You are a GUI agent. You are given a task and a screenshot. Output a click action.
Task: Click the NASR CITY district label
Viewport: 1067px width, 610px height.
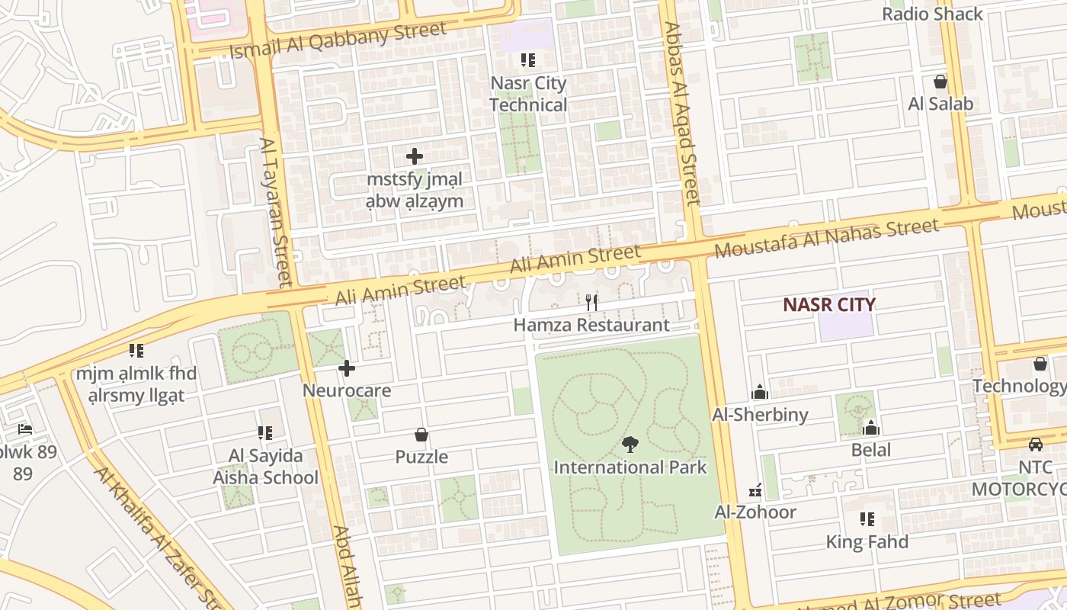tap(829, 305)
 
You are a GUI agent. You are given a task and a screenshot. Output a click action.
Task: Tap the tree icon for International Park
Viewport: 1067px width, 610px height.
tap(630, 444)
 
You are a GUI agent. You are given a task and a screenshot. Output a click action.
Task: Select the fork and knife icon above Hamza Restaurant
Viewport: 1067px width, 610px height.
tap(591, 302)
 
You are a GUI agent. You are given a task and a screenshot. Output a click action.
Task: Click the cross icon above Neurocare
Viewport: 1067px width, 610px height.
tap(347, 369)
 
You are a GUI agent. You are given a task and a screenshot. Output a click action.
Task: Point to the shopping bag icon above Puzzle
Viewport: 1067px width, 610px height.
tap(421, 435)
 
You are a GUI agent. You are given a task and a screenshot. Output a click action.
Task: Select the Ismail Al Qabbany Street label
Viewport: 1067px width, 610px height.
tap(338, 40)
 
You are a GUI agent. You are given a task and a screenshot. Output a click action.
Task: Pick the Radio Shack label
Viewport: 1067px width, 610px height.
tap(932, 14)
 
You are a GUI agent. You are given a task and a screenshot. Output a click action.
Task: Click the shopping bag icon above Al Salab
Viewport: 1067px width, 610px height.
tap(940, 82)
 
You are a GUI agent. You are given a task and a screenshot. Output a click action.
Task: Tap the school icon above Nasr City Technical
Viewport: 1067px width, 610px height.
tap(527, 59)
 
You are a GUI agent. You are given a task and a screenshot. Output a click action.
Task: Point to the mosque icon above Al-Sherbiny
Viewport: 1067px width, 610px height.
tap(759, 392)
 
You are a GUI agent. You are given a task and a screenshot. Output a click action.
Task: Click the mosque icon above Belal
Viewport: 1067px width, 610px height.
tap(870, 427)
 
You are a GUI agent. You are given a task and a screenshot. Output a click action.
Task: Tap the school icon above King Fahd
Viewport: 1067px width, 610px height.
tap(867, 519)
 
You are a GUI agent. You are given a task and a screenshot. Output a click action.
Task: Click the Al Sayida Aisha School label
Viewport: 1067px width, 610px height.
tap(265, 467)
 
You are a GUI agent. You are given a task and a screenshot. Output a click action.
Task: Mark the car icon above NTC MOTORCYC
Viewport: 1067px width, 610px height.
tap(1035, 444)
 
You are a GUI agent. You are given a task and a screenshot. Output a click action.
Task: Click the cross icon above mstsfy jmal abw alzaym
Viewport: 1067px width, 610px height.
tap(415, 156)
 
